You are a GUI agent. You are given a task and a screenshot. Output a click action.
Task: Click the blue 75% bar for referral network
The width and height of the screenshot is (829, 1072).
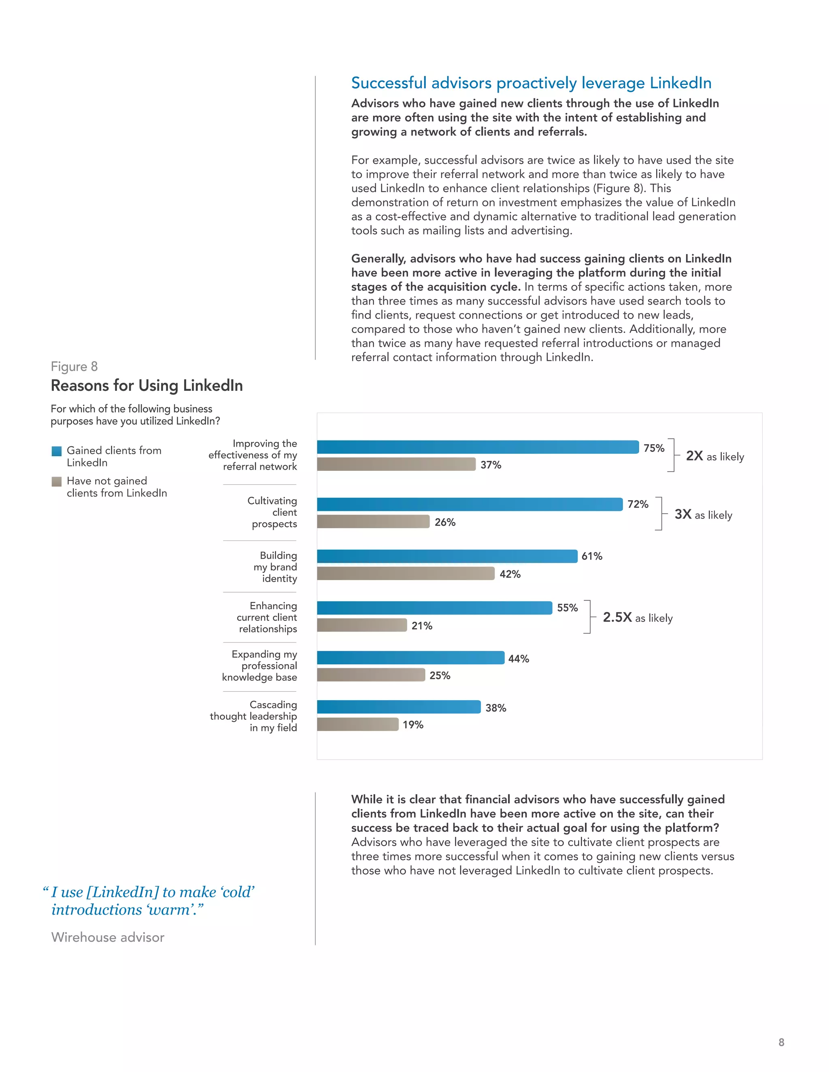[477, 447]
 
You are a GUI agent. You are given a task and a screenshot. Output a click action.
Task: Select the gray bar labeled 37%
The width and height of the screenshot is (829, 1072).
[396, 464]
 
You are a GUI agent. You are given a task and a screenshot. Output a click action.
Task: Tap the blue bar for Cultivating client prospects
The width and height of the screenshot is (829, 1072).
[470, 504]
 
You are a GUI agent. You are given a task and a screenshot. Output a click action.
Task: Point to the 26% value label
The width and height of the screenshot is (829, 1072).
[445, 522]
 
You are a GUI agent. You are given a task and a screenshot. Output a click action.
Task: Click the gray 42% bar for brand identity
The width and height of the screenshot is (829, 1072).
[406, 573]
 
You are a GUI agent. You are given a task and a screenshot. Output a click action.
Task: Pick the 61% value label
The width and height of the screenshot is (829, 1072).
[592, 556]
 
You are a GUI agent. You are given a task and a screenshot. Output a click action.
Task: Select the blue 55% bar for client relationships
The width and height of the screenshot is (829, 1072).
[434, 608]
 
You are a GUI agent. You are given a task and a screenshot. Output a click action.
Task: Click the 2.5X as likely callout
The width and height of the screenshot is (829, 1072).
[638, 617]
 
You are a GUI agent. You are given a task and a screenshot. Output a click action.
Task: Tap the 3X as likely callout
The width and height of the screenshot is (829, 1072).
[703, 515]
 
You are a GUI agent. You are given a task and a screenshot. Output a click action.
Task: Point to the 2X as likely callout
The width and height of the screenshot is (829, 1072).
[714, 456]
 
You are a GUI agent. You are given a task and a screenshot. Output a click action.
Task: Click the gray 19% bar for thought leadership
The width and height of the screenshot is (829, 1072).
[357, 724]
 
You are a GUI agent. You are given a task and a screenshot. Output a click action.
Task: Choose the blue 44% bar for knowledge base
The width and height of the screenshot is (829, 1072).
[410, 658]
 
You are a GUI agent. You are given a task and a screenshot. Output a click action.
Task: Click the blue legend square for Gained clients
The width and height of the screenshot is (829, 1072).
[57, 451]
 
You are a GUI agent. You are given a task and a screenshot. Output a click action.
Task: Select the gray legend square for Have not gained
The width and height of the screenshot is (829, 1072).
[57, 481]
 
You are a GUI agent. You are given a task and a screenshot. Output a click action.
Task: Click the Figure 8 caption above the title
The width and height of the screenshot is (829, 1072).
[74, 367]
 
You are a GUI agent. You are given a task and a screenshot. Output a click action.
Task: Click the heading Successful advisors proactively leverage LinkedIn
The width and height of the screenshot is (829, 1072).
[531, 83]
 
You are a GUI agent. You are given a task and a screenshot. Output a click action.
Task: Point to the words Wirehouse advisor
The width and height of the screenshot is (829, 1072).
[108, 937]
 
